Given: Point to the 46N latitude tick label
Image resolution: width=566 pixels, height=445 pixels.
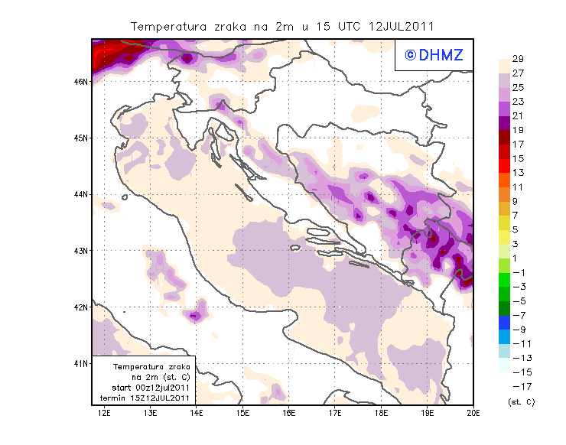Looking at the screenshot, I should click(x=82, y=81).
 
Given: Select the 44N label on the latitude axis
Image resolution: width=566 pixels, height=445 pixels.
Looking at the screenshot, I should click(x=82, y=194).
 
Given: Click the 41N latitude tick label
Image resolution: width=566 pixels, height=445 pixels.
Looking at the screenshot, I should click(x=82, y=363).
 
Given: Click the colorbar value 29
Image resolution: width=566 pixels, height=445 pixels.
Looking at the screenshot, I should click(x=518, y=59).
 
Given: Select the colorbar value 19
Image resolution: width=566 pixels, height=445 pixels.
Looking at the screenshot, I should click(x=518, y=130).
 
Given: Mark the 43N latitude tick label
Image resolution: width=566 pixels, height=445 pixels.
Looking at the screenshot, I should click(x=82, y=250).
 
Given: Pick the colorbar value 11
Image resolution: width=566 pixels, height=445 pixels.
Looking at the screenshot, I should click(x=518, y=187).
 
